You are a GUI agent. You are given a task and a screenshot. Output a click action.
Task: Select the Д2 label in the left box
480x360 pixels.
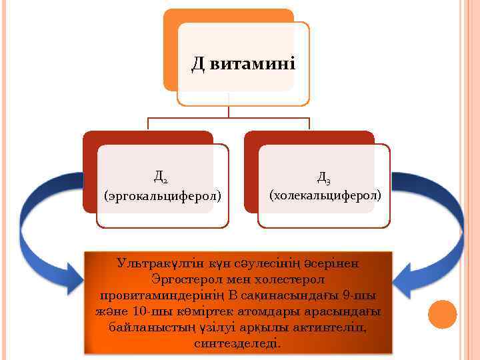pyautogui.click(x=160, y=177)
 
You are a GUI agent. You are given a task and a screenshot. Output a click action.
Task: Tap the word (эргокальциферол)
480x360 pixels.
pyautogui.click(x=163, y=195)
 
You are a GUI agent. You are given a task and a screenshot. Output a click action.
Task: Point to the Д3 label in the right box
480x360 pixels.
pyautogui.click(x=324, y=177)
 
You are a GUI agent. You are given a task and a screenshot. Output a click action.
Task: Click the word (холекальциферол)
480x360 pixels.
pyautogui.click(x=325, y=195)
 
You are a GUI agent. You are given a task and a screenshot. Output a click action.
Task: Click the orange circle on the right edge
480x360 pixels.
pyautogui.click(x=441, y=314)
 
